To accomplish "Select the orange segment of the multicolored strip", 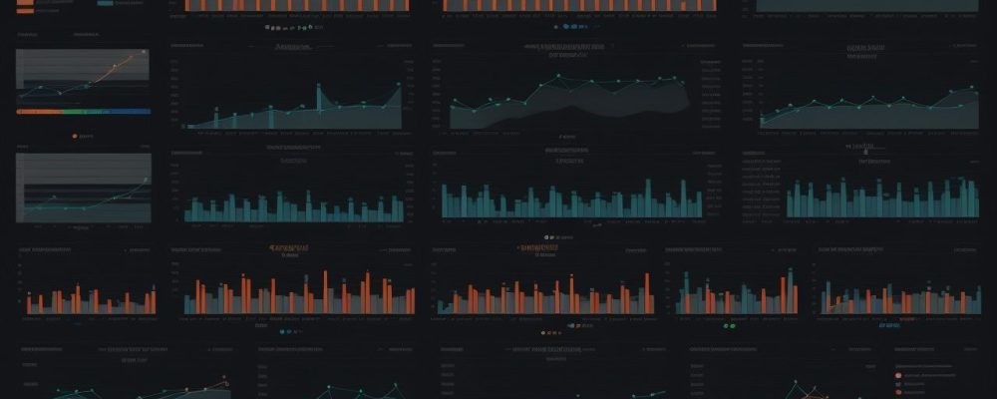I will pyautogui.click(x=35, y=112).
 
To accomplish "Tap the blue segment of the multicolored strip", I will pyautogui.click(x=130, y=112).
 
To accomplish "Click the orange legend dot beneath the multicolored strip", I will pyautogui.click(x=76, y=135).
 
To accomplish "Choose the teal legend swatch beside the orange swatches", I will pyautogui.click(x=105, y=3).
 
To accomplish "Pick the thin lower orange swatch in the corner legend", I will pyautogui.click(x=24, y=13).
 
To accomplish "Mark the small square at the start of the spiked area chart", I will pyautogui.click(x=185, y=127).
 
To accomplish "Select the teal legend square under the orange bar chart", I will pyautogui.click(x=284, y=330).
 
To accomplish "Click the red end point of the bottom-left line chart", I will pyautogui.click(x=226, y=381).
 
